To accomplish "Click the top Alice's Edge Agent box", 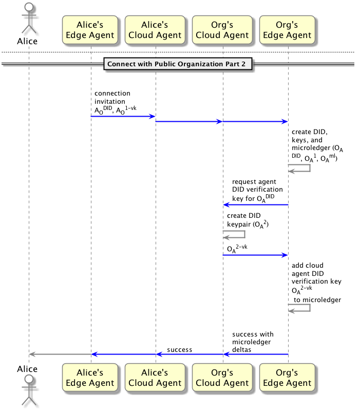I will [x=90, y=29].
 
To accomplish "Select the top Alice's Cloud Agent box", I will [x=155, y=29].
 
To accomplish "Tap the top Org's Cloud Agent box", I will [x=222, y=29].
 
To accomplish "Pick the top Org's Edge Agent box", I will [x=287, y=29].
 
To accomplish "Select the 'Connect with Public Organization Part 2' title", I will [x=178, y=64].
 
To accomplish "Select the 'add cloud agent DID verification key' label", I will [x=316, y=283].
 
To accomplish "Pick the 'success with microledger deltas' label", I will [x=253, y=342].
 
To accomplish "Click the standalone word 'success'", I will [x=179, y=350].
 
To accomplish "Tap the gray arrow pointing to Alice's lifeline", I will [x=60, y=354].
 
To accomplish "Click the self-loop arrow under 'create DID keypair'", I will [x=235, y=235].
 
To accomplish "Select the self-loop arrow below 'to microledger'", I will [x=299, y=308].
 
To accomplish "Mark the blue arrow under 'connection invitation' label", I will [x=123, y=117].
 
